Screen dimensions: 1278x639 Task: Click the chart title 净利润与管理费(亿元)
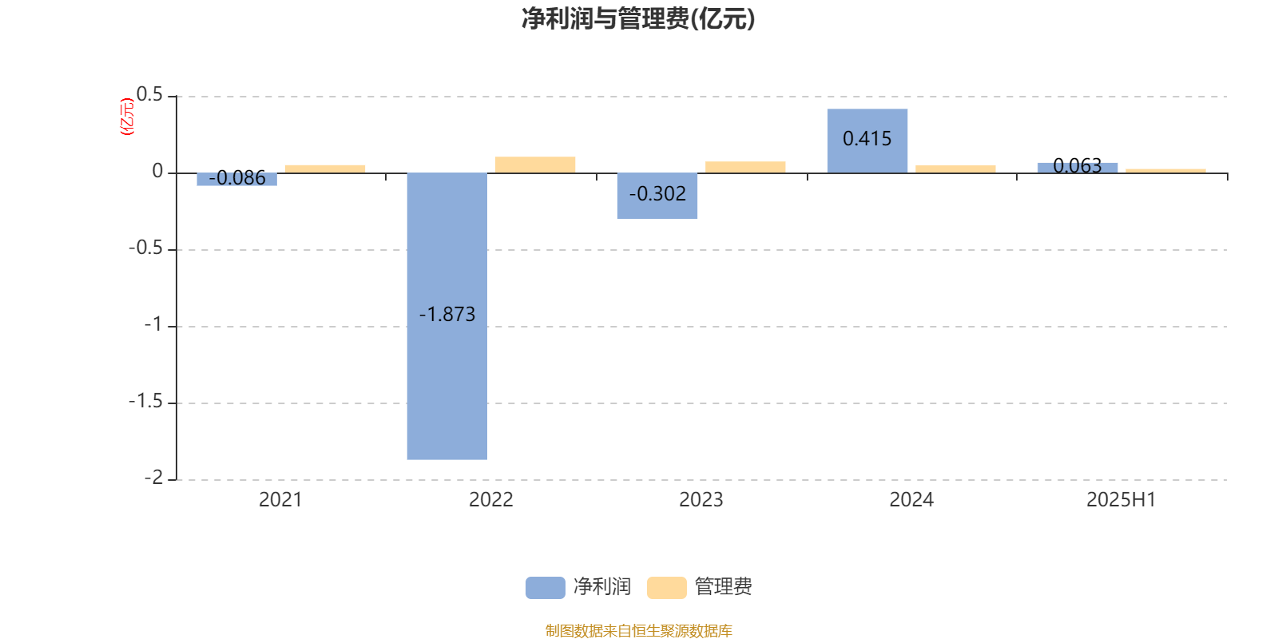[638, 19]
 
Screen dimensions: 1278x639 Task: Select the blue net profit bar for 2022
[447, 316]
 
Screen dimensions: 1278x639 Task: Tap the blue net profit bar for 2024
[867, 141]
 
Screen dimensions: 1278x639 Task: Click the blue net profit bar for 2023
[657, 196]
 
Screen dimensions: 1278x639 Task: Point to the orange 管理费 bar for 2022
[535, 165]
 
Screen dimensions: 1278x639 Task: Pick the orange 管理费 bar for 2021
[325, 169]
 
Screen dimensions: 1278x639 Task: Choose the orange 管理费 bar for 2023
[745, 167]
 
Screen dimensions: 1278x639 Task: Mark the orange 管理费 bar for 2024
[955, 169]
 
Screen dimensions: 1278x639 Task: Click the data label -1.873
[447, 315]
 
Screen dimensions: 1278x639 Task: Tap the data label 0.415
[867, 139]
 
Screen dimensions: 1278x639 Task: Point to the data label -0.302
[657, 194]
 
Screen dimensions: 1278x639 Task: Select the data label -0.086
[236, 178]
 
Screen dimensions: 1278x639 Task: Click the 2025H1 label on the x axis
[1121, 500]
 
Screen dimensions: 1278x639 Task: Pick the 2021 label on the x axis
[280, 500]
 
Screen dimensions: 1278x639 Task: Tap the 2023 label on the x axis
[701, 500]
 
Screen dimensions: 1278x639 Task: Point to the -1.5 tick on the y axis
[146, 402]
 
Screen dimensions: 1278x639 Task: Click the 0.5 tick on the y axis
[149, 95]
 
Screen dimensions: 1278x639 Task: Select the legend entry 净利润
[578, 587]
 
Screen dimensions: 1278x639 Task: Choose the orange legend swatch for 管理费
[666, 588]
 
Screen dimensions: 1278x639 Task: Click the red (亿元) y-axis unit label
[127, 117]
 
